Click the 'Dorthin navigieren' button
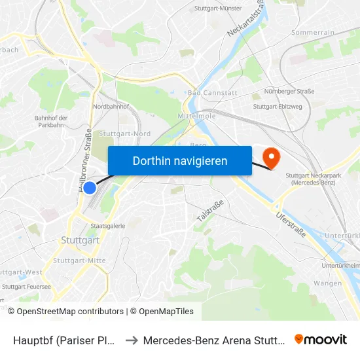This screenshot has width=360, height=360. tap(179, 160)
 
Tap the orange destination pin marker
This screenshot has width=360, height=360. tap(270, 157)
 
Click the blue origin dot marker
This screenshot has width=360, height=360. tap(90, 188)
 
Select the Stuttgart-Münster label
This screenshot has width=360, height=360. tap(219, 9)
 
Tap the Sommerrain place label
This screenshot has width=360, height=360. tap(312, 32)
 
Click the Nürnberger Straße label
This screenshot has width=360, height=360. tap(289, 92)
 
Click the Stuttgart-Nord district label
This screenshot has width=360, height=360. tap(124, 134)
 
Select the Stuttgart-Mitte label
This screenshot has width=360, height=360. tap(79, 261)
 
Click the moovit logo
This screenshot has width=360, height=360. tap(321, 340)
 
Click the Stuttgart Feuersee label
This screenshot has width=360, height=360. tap(26, 286)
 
